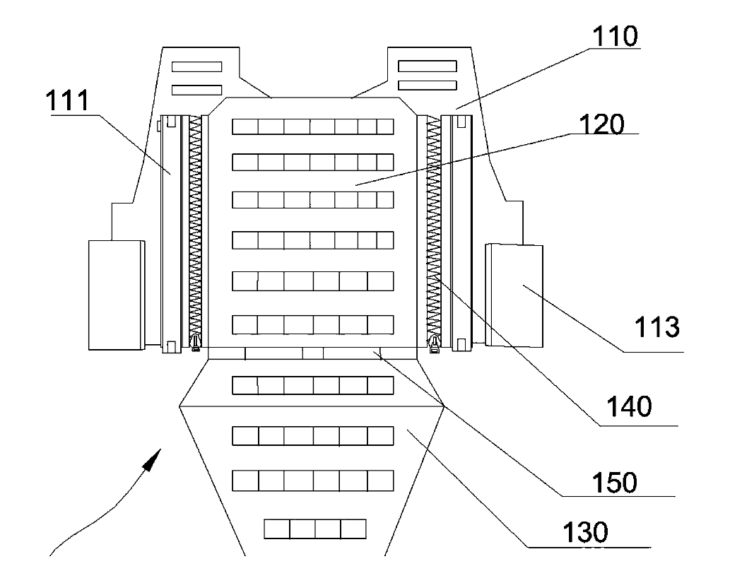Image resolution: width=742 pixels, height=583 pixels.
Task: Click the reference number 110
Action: pyautogui.click(x=616, y=35)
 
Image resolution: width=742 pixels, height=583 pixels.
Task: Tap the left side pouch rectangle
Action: pyautogui.click(x=115, y=294)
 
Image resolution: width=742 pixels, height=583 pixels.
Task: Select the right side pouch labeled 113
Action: pyautogui.click(x=514, y=295)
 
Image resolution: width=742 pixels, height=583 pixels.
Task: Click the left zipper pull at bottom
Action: pyautogui.click(x=196, y=344)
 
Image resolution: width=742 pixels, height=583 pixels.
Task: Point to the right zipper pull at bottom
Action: pyautogui.click(x=434, y=344)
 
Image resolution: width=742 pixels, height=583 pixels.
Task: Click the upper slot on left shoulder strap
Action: pyautogui.click(x=197, y=66)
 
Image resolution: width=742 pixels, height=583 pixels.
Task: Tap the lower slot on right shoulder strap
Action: pyautogui.click(x=427, y=86)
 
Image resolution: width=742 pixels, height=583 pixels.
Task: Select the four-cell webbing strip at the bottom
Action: pyautogui.click(x=314, y=529)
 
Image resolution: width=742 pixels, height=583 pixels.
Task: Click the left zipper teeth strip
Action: pyautogui.click(x=196, y=226)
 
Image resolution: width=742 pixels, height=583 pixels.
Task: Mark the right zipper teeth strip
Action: pyautogui.click(x=433, y=226)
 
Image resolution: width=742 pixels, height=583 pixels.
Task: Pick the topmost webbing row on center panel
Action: pyautogui.click(x=312, y=126)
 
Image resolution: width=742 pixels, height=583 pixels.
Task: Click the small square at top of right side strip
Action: pyautogui.click(x=462, y=123)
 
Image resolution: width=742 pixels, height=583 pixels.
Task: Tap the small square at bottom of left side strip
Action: pyautogui.click(x=170, y=346)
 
